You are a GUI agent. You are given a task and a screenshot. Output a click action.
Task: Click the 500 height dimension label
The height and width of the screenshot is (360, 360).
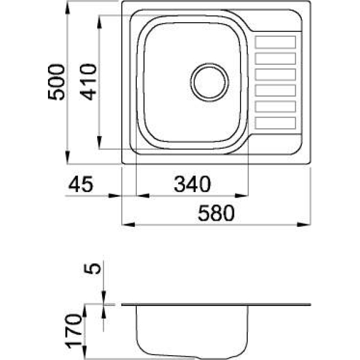coord(56,82)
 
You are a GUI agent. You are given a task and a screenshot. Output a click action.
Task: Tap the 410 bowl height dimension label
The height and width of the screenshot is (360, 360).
coord(88,82)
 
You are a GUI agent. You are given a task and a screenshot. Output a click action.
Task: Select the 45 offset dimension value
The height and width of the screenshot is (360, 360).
coord(81,184)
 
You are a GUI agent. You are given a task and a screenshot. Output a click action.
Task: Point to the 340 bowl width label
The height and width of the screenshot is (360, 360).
coord(192,184)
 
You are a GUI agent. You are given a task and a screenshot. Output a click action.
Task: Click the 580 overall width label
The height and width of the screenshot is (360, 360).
coord(216,213)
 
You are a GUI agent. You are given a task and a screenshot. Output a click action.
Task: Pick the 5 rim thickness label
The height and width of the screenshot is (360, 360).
coord(92,268)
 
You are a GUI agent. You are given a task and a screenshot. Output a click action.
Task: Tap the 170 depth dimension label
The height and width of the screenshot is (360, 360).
coord(74,331)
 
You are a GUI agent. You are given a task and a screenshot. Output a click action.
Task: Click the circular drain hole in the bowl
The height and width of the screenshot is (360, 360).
coord(209,82)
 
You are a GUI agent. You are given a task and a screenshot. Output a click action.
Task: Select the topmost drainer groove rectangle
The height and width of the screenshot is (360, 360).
coord(275,42)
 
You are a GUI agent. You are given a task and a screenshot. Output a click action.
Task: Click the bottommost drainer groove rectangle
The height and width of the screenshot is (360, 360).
coord(275,123)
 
